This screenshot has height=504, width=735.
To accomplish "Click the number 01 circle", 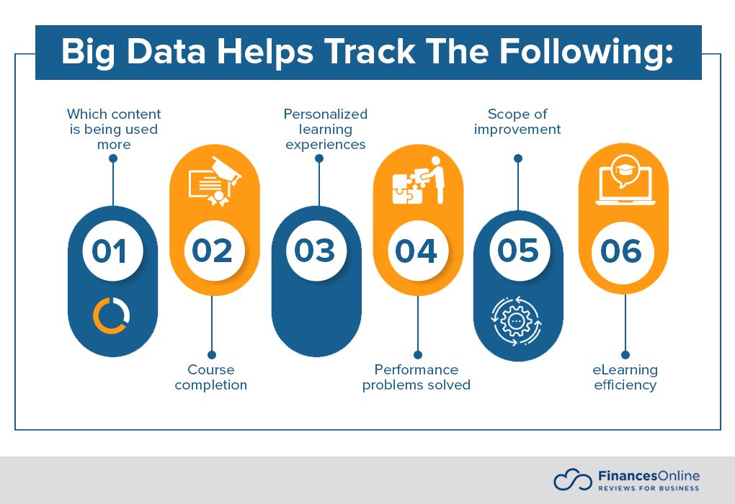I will [x=112, y=251].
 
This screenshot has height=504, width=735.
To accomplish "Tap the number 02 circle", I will [x=214, y=251].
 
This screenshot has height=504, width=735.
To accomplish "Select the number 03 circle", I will [x=316, y=251].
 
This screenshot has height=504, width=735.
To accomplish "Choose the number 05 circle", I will [x=519, y=251].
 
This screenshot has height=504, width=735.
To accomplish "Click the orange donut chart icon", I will [x=112, y=315].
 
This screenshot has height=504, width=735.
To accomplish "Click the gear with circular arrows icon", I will [x=517, y=320].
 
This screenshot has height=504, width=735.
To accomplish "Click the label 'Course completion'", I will [x=211, y=377].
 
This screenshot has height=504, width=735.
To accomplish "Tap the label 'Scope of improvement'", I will [x=517, y=122].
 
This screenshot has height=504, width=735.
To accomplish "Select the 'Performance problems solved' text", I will [x=416, y=377].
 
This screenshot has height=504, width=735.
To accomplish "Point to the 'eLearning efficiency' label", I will [x=625, y=377].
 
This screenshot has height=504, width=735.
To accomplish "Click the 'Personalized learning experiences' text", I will [x=326, y=129].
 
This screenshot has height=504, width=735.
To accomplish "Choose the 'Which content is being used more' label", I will [x=114, y=129].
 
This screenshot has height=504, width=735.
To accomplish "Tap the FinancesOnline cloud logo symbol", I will [x=572, y=480].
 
